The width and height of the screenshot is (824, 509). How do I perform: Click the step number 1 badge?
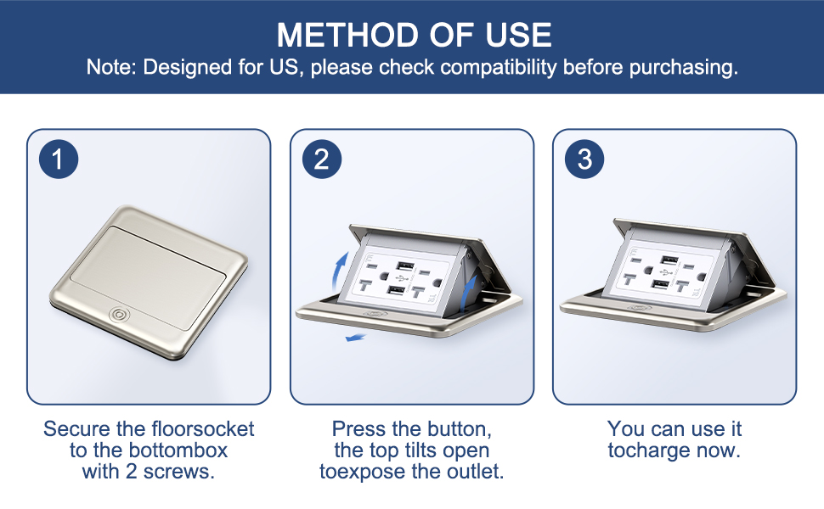pos(58,159)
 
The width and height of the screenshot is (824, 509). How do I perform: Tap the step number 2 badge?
pos(321,159)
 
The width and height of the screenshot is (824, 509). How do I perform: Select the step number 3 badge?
pos(584,159)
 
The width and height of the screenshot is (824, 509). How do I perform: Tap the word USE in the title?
pos(518,35)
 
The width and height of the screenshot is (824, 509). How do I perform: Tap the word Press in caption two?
pos(358,428)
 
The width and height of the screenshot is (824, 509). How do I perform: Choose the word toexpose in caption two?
pos(360,471)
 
